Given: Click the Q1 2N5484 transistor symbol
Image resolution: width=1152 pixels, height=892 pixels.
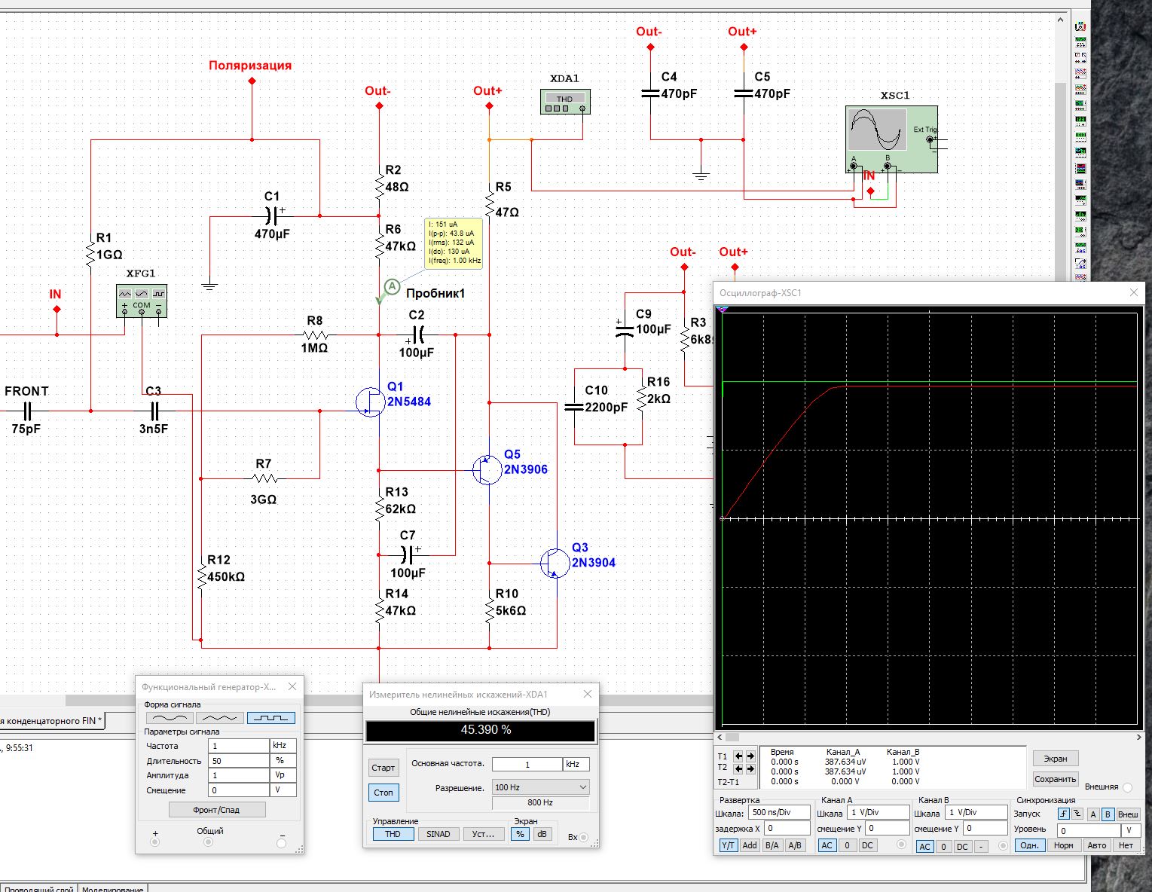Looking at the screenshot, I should point(370,402).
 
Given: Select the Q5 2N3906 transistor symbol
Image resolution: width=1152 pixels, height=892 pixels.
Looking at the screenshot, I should point(487,470).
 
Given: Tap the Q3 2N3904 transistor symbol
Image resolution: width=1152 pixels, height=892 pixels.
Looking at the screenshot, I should point(555,563).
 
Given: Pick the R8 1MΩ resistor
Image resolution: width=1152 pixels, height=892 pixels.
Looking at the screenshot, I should point(315,335).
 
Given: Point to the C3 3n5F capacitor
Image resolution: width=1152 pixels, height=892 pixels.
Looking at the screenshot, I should point(154,411).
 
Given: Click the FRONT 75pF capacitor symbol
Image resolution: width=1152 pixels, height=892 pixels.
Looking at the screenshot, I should point(27,411).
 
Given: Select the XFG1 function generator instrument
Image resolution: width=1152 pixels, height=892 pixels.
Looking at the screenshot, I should point(142,301).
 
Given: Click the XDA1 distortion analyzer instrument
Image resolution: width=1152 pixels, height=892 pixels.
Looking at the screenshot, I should point(565,102).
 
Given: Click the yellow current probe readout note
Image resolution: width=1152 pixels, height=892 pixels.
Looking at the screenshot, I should point(454,243).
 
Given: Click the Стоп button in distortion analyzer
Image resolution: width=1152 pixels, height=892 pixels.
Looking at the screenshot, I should point(383,793).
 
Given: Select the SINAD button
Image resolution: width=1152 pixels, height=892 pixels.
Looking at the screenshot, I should point(438,834).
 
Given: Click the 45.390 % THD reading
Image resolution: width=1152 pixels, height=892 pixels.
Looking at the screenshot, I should point(481,730).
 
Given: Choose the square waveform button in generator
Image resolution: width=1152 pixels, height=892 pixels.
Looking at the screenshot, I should point(271,718).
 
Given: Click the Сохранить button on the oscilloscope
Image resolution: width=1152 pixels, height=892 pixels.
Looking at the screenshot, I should point(1055,779).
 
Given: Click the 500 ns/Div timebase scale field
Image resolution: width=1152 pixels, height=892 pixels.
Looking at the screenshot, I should point(779,812).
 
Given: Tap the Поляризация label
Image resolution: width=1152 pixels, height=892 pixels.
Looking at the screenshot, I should point(250,66).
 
